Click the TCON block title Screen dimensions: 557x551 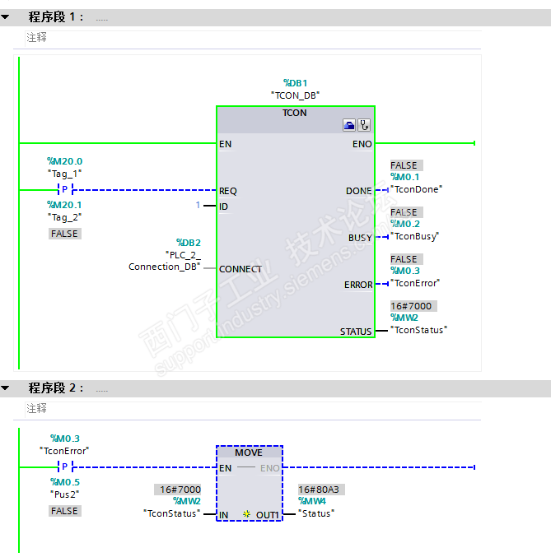click(x=294, y=113)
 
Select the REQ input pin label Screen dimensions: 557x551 click(x=228, y=191)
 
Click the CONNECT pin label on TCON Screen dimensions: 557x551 click(x=240, y=269)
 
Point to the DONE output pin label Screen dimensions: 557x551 click(x=358, y=191)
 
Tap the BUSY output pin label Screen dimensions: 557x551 click(x=360, y=238)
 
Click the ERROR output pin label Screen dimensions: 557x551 click(x=358, y=285)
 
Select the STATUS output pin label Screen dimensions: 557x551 click(x=356, y=332)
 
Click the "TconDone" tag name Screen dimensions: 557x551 click(x=416, y=188)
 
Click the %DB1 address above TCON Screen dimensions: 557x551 click(x=295, y=83)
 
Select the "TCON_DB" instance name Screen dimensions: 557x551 click(x=295, y=95)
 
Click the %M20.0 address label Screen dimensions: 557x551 click(x=65, y=161)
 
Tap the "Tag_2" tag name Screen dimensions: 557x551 click(x=65, y=217)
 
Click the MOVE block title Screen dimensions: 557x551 click(x=249, y=453)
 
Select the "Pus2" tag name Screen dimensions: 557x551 click(x=65, y=494)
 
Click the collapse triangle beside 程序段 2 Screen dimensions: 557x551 click(x=6, y=388)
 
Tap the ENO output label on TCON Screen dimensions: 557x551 click(x=362, y=144)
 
